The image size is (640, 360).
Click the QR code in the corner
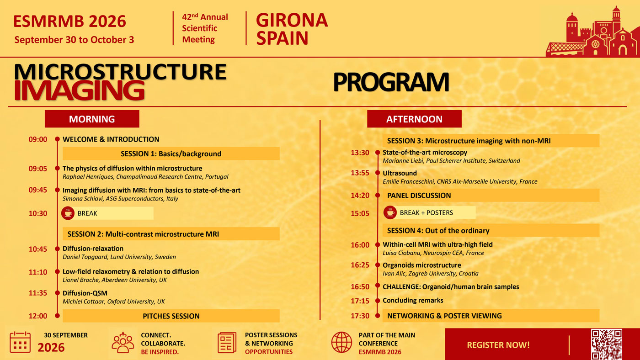click(x=607, y=344)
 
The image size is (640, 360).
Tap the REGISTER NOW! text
click(x=498, y=345)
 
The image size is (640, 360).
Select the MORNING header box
click(x=92, y=119)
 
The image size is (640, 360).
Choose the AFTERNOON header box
click(x=414, y=119)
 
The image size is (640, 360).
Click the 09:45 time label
click(x=37, y=190)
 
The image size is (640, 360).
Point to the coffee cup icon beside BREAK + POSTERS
click(x=390, y=213)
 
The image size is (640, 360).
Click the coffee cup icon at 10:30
click(x=68, y=213)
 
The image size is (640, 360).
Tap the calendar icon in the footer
click(x=20, y=342)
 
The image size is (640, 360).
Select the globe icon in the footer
click(x=341, y=342)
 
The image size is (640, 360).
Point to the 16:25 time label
click(x=360, y=265)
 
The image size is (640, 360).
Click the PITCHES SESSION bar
click(x=171, y=316)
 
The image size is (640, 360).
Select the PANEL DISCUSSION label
click(x=419, y=196)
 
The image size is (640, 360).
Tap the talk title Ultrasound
click(x=400, y=173)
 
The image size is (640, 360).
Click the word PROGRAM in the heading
click(x=391, y=82)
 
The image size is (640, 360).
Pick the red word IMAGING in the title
click(x=79, y=90)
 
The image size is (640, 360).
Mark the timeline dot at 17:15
click(x=378, y=301)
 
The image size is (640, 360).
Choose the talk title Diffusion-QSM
click(x=85, y=293)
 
